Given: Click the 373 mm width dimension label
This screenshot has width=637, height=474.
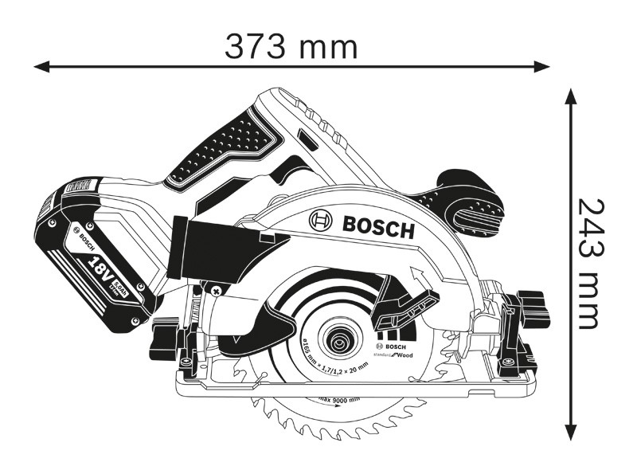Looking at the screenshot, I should pyautogui.click(x=291, y=48).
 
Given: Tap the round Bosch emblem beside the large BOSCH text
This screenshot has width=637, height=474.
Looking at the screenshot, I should pyautogui.click(x=321, y=220).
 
